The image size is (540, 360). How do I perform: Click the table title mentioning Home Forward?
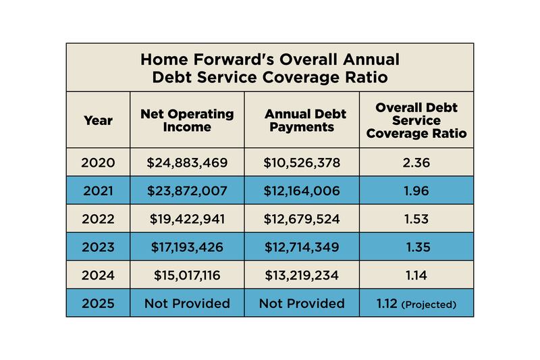[x=269, y=68]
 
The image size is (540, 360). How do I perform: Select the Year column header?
[x=98, y=121]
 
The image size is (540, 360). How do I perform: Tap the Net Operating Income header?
[x=187, y=121]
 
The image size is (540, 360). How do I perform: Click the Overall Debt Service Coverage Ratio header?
[x=416, y=121]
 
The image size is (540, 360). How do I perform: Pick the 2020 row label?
[x=98, y=163]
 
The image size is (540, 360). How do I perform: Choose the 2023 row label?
[x=98, y=247]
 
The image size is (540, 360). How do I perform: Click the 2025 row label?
[x=98, y=303]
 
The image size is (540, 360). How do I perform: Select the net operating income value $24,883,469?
[x=187, y=163]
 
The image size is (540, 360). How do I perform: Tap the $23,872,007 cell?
[x=187, y=191]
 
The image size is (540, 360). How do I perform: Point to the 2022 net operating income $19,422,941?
[x=187, y=220]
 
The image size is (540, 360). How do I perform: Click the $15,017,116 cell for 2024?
[x=187, y=276]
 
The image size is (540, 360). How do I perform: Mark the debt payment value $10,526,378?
[x=301, y=163]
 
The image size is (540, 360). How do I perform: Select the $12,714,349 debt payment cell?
[x=301, y=247]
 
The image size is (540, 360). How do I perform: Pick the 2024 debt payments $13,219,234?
[x=301, y=276]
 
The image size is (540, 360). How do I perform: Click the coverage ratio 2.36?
[x=416, y=163]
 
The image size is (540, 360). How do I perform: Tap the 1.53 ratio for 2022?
[x=416, y=220]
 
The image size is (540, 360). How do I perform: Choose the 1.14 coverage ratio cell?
[x=416, y=276]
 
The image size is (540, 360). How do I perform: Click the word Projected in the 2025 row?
[x=429, y=305]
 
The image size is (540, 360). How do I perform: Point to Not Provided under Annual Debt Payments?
[x=301, y=303]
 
